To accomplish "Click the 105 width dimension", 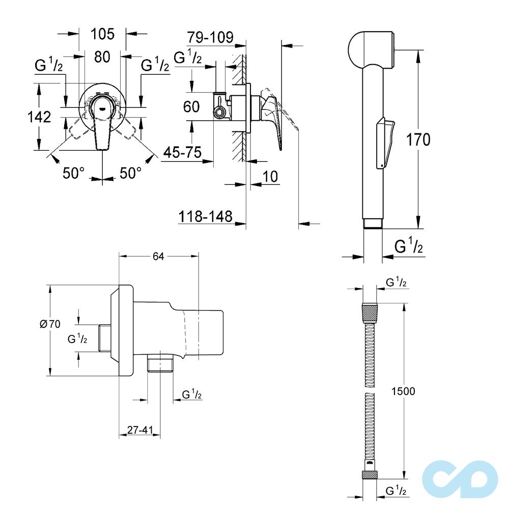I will click(102, 34).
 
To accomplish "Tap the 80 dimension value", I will click(102, 57).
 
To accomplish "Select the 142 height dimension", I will click(39, 117).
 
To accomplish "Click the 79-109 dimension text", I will click(210, 37).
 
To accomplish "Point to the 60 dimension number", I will click(191, 107).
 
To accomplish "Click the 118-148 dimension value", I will click(205, 216).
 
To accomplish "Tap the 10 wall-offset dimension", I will click(271, 177).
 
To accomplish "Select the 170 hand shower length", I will click(418, 139).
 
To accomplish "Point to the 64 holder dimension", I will click(158, 257).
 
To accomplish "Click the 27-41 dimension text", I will click(140, 430).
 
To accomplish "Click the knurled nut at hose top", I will click(370, 312).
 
